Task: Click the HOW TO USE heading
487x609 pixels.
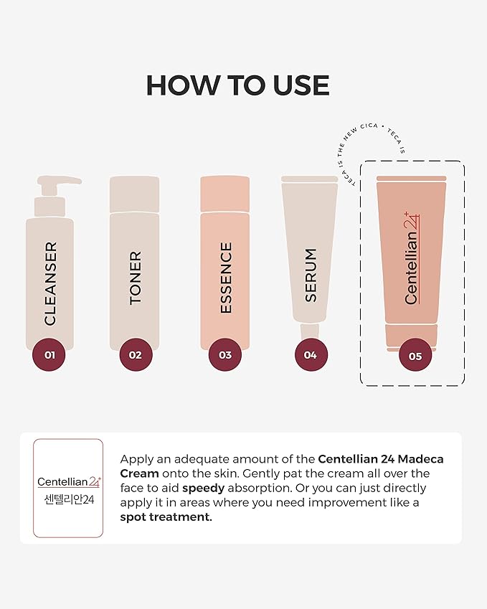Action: click(x=237, y=85)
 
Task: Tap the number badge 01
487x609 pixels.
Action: click(x=49, y=354)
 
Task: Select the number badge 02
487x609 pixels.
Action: click(x=136, y=354)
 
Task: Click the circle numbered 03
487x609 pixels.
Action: click(x=225, y=354)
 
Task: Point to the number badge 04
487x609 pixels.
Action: click(x=311, y=354)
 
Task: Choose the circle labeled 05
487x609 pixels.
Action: click(x=415, y=355)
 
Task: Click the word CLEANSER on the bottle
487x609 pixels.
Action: click(x=50, y=283)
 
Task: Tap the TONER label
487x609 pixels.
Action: click(x=136, y=278)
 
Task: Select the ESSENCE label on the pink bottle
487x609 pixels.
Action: click(x=226, y=278)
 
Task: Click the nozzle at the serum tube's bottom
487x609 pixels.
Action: click(x=310, y=331)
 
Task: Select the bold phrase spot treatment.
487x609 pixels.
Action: click(x=166, y=516)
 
